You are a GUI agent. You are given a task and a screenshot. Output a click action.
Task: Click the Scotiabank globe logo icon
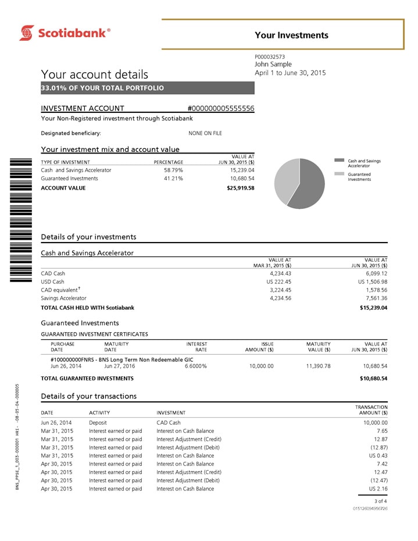coord(27,33)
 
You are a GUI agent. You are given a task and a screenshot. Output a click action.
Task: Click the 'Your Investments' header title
coord(291,35)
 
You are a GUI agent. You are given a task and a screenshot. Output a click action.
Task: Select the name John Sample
coord(273,64)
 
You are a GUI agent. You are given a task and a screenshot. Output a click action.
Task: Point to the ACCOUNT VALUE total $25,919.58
coord(240,188)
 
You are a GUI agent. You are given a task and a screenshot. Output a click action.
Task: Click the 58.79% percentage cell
coord(173,170)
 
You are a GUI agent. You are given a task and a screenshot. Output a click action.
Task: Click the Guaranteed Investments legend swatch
coord(340,174)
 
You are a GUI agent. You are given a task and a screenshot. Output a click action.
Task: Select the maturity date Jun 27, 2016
coord(119,366)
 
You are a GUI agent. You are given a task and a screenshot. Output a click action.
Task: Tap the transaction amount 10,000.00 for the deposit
coord(373,422)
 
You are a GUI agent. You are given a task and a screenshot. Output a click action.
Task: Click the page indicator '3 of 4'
coord(380,500)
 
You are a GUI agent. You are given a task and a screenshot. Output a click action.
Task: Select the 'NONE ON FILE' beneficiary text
coord(205,133)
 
